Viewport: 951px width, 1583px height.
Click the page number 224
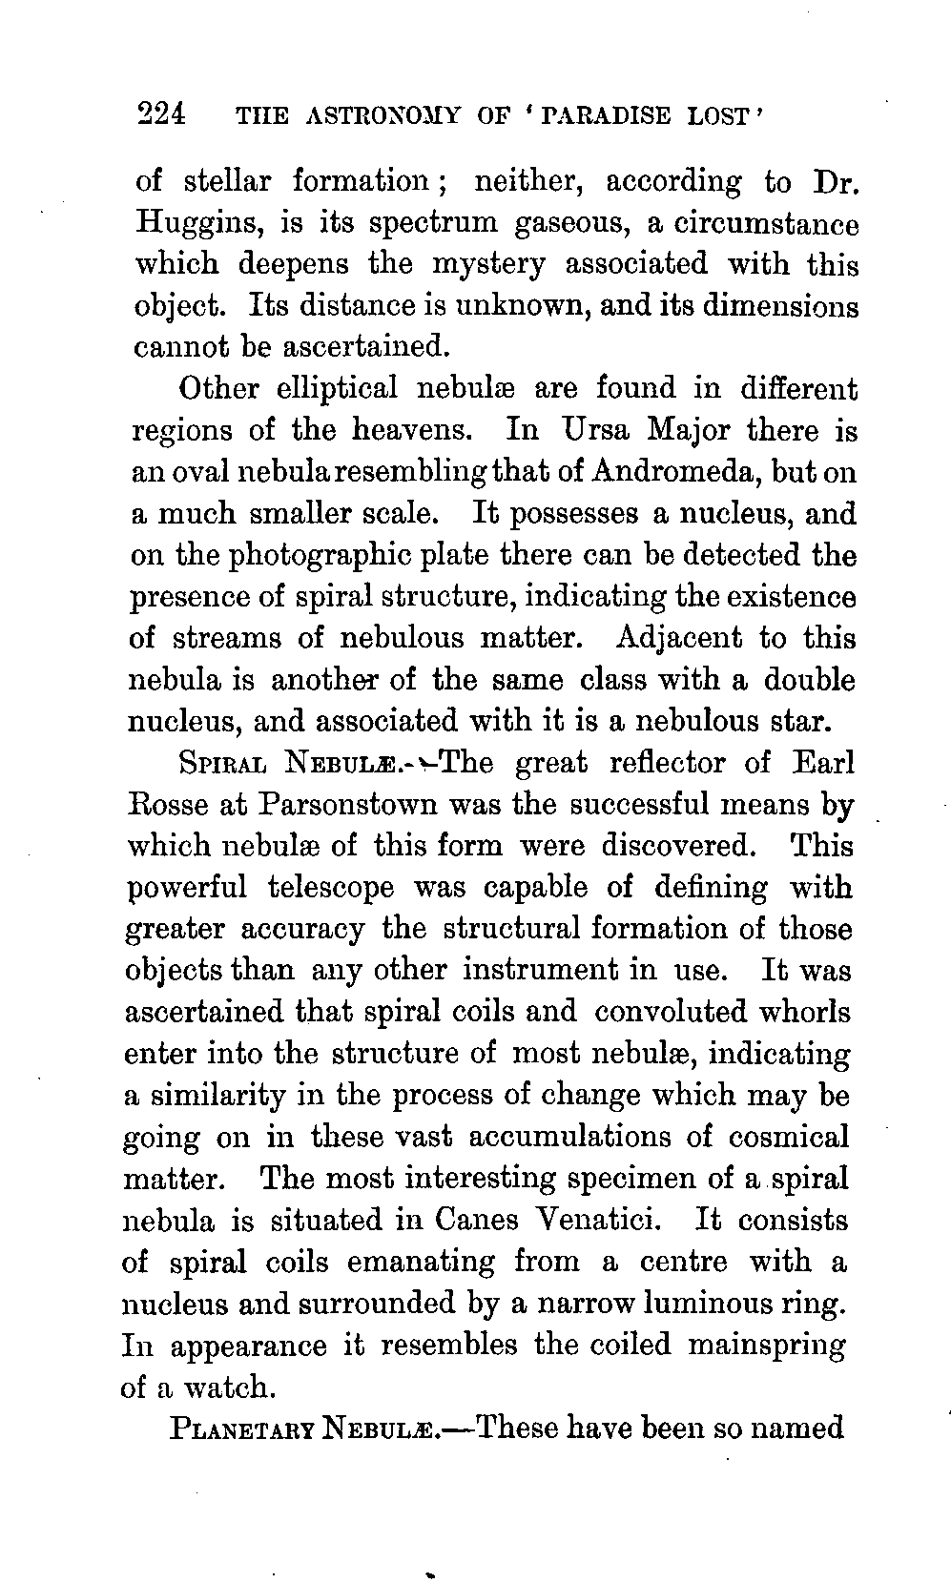pos(163,114)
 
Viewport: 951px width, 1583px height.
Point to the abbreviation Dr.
pos(833,181)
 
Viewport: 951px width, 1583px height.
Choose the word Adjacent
pos(679,637)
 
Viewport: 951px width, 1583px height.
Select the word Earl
pos(823,764)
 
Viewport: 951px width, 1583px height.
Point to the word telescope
pos(330,888)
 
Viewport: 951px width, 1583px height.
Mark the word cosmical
pos(788,1137)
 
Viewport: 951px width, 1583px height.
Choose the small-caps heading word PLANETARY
pos(242,1429)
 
